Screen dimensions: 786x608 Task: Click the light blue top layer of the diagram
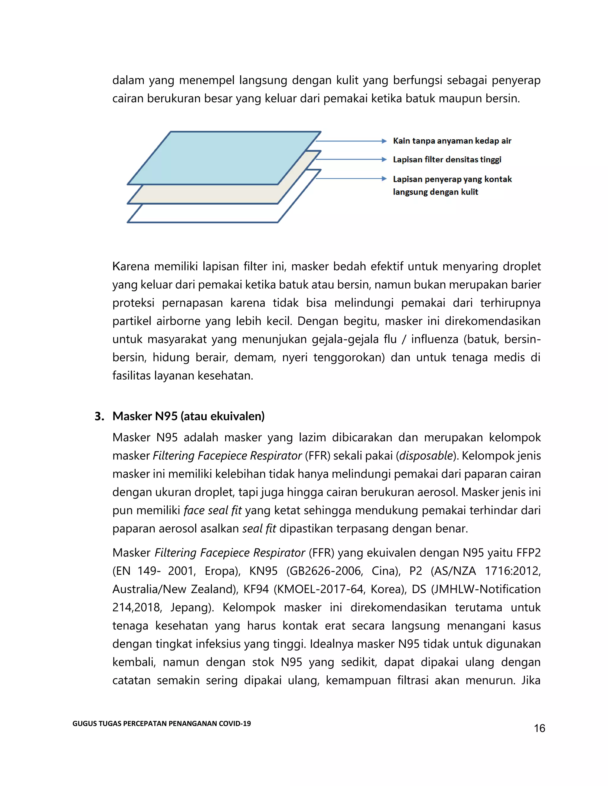coord(223,158)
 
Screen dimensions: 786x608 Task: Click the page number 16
coord(539,728)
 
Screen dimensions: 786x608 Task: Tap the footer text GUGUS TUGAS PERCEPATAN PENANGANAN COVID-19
coord(161,723)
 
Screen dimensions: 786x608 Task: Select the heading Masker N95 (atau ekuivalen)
coord(189,416)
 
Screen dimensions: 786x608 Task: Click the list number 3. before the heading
coord(99,416)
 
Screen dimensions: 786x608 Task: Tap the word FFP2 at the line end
coord(528,553)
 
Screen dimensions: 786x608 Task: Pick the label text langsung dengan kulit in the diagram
coord(435,192)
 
